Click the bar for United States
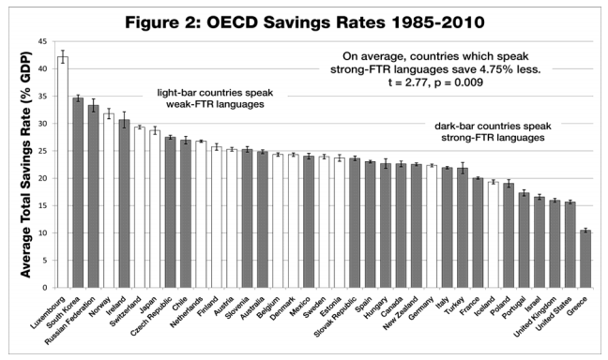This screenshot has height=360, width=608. [569, 245]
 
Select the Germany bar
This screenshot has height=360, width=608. [432, 226]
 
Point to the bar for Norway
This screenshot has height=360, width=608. [108, 201]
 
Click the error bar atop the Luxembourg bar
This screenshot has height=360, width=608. [62, 57]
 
